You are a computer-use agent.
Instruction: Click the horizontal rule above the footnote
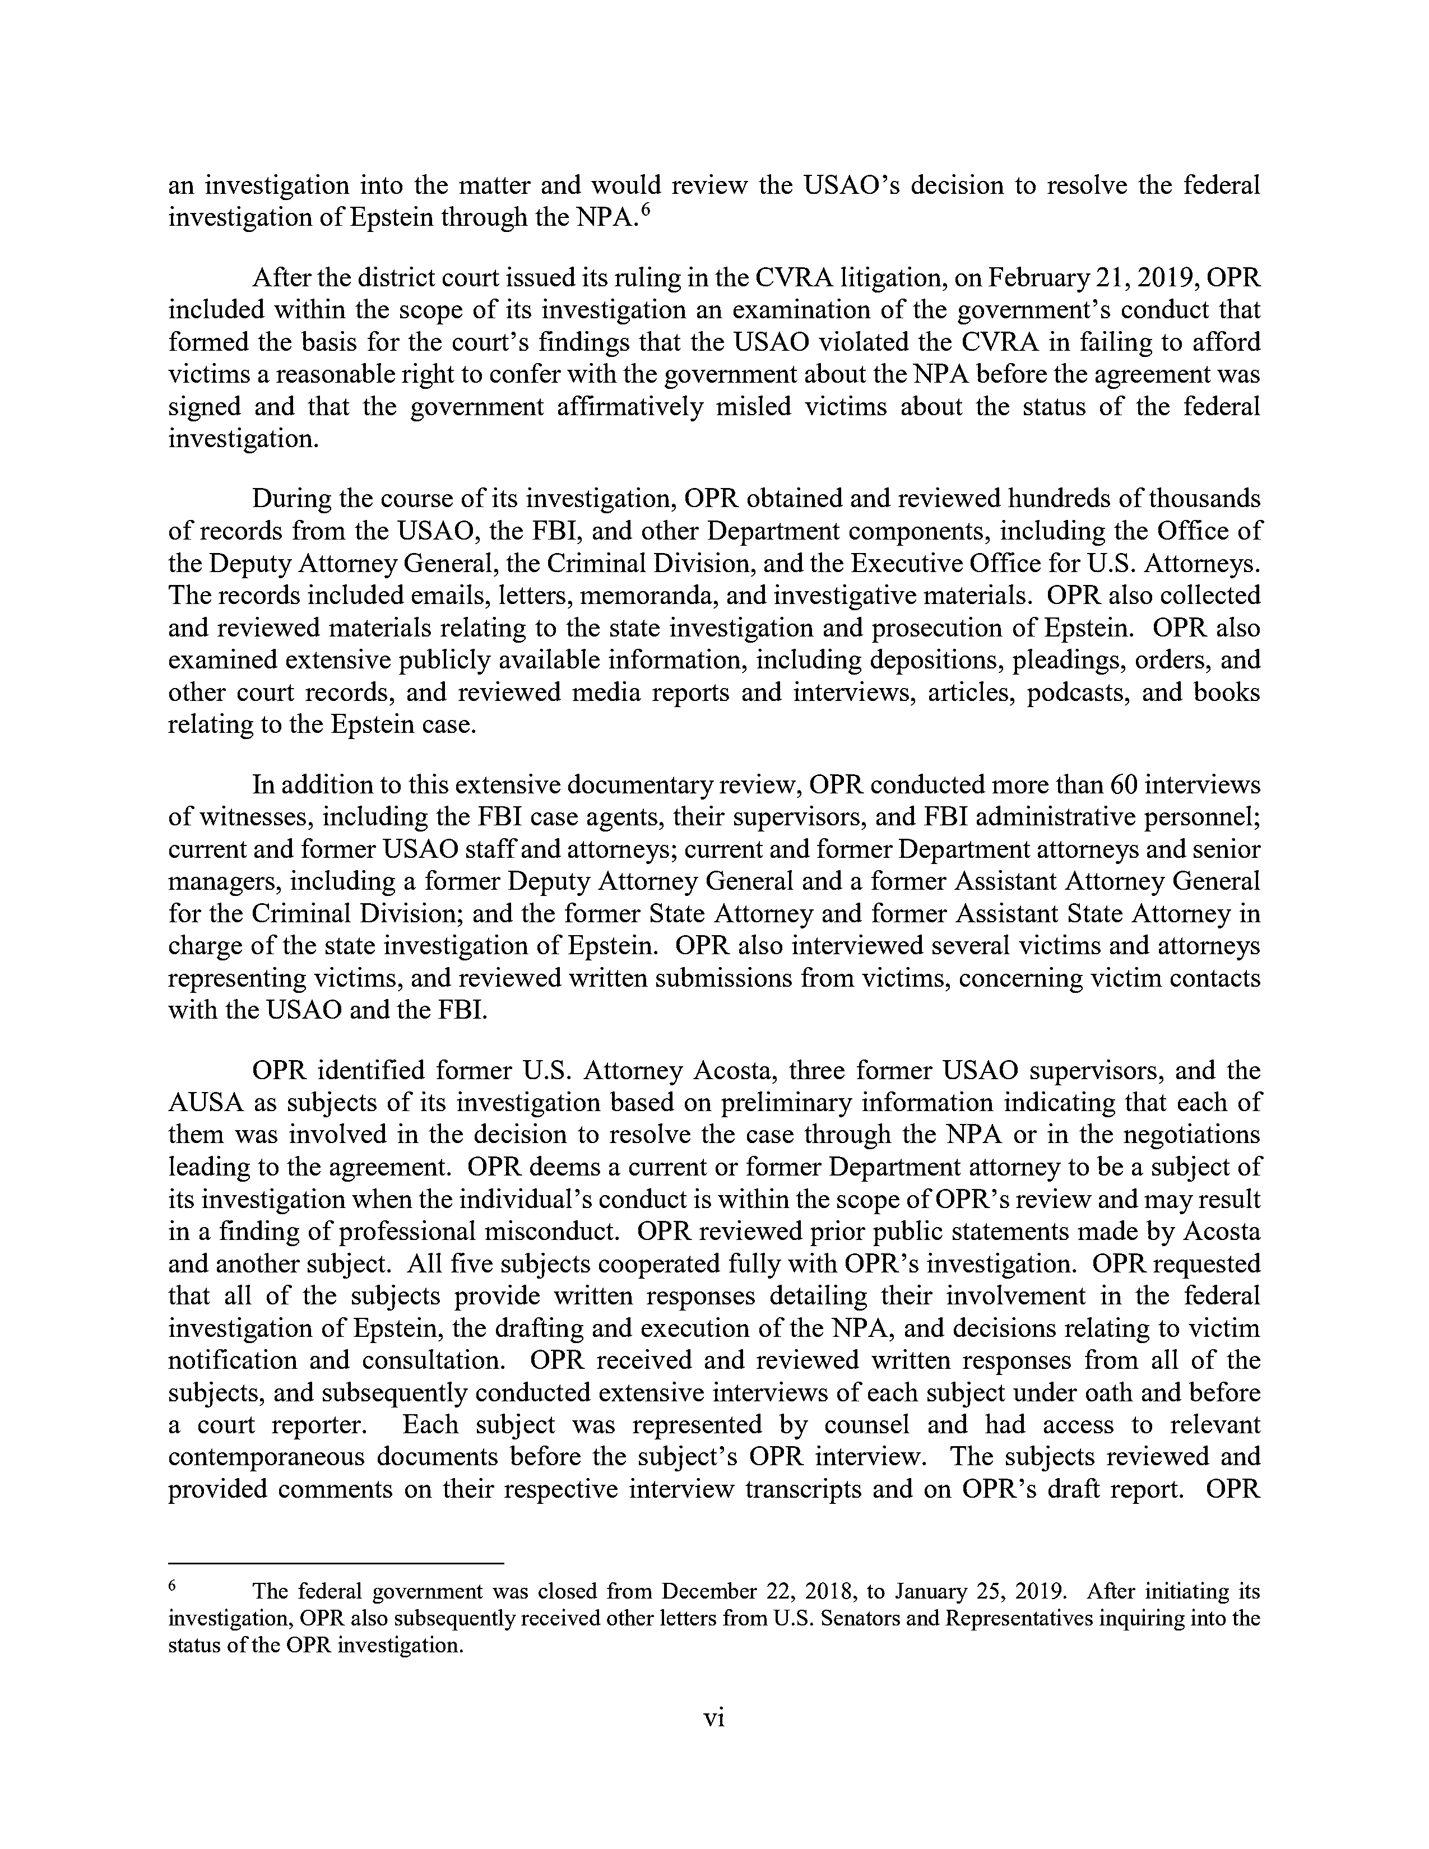336,1563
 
